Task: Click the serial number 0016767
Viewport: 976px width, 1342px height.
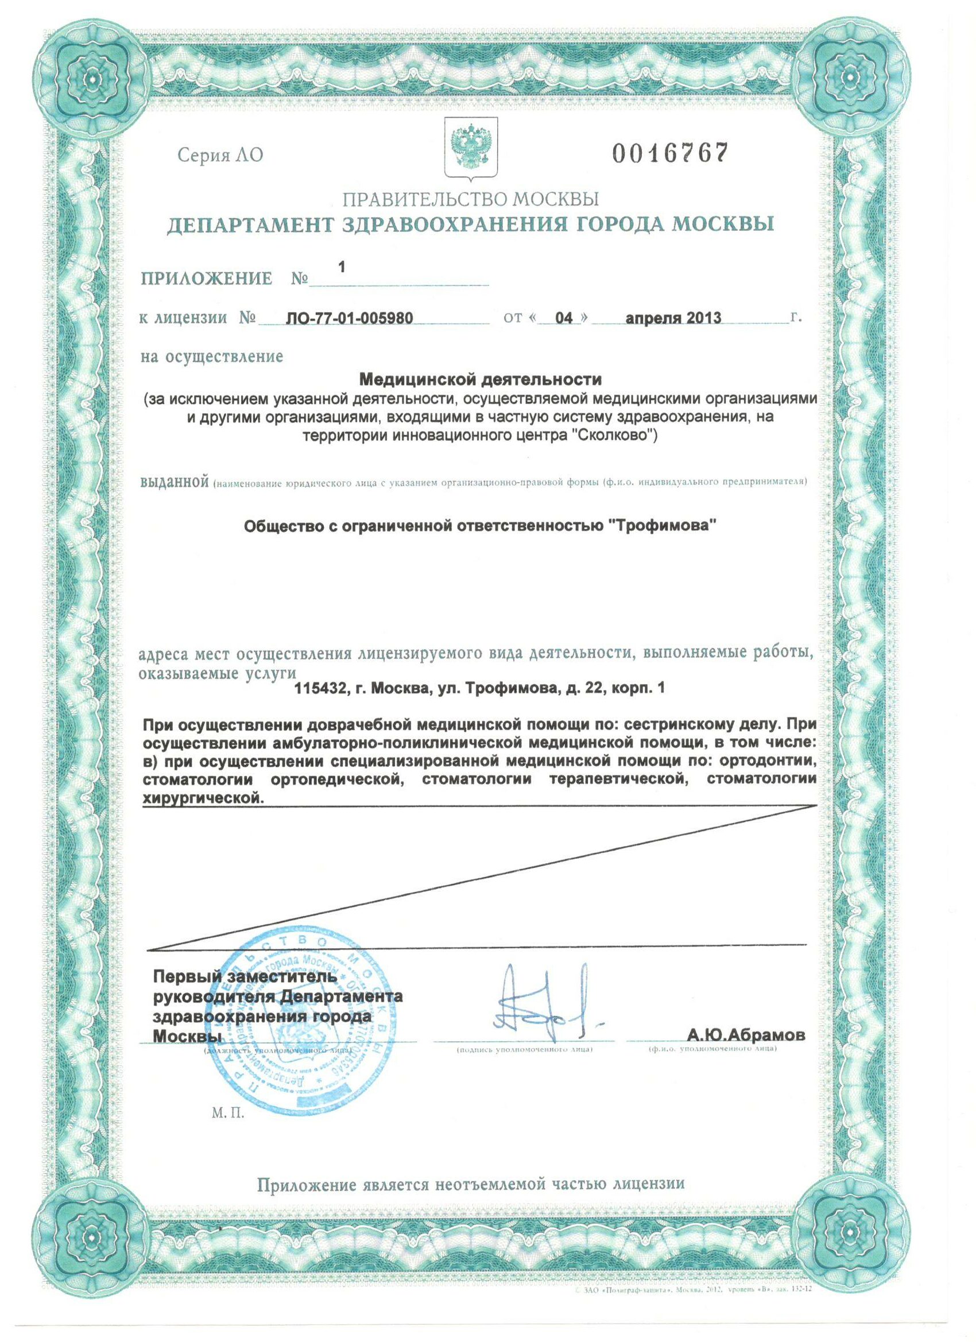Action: pyautogui.click(x=669, y=154)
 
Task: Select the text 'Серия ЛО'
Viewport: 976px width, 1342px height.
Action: pyautogui.click(x=219, y=156)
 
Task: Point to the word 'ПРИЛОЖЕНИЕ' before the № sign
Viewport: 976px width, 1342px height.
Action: pyautogui.click(x=207, y=279)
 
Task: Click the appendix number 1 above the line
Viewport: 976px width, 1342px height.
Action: pyautogui.click(x=341, y=267)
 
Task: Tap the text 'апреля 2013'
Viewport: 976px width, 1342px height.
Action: pyautogui.click(x=673, y=319)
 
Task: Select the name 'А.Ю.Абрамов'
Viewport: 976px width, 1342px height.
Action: pyautogui.click(x=746, y=1036)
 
